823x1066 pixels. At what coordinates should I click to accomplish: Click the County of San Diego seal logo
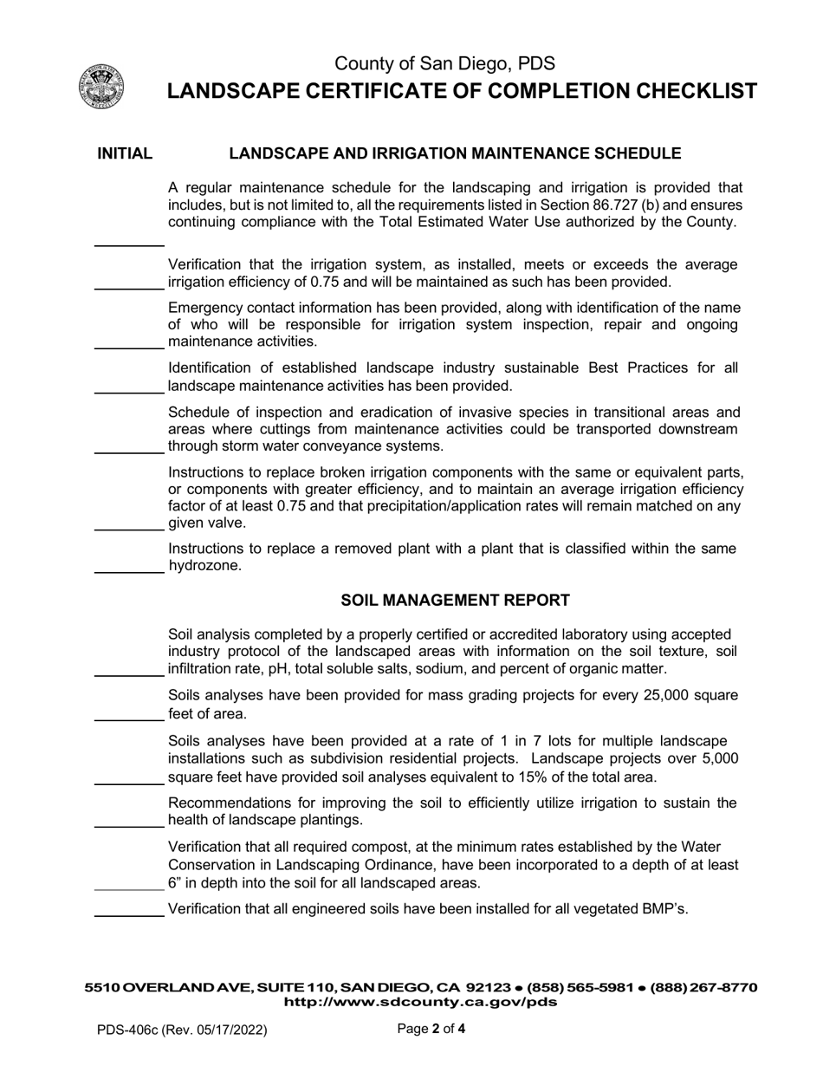click(101, 87)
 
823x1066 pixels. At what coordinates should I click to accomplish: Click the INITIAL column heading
click(125, 154)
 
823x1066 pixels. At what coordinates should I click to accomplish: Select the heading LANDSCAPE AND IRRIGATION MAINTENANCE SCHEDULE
click(455, 154)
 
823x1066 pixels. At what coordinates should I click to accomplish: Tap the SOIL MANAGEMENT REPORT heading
click(455, 601)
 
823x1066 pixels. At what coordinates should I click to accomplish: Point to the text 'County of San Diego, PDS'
click(444, 63)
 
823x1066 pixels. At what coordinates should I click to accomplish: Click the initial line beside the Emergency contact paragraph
click(128, 348)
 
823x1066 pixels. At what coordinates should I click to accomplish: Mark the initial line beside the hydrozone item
click(128, 572)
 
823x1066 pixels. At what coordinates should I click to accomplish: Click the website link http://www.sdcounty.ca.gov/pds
click(420, 1003)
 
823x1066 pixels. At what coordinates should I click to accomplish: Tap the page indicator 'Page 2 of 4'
click(431, 1030)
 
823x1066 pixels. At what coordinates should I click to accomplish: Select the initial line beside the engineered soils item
click(128, 914)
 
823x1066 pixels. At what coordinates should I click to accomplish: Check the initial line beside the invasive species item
click(128, 452)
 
